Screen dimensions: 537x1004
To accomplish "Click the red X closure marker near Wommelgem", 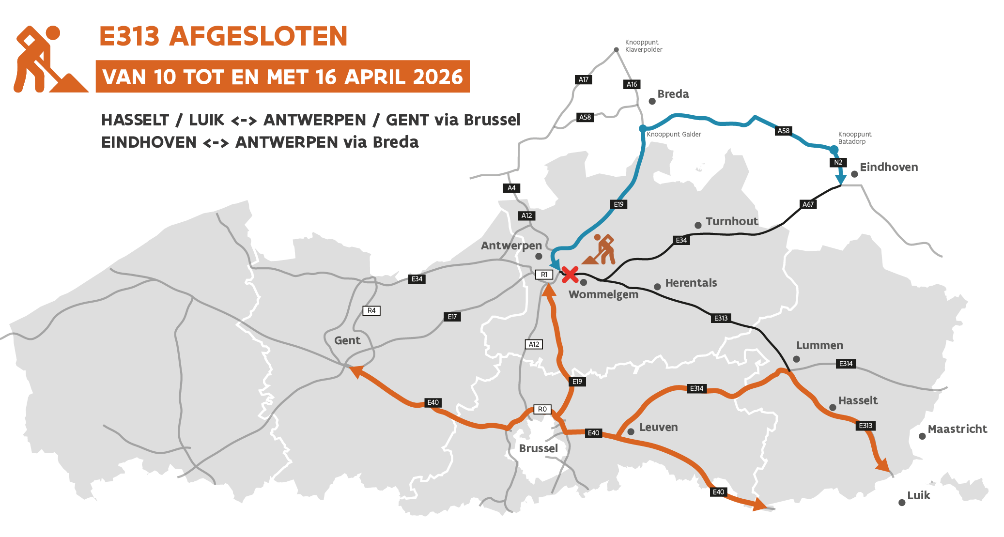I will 570,275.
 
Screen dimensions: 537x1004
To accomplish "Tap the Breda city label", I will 673,94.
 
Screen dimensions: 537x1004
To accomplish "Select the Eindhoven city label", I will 888,167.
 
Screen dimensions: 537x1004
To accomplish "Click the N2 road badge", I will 838,162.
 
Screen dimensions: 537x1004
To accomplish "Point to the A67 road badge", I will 808,204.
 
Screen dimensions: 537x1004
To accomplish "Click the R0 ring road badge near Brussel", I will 542,409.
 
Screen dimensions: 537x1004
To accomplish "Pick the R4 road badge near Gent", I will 371,310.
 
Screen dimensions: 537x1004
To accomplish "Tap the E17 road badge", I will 452,317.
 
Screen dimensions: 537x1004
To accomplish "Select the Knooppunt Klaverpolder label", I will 643,46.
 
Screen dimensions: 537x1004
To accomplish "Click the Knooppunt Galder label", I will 674,134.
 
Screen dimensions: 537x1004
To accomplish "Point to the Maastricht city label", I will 957,429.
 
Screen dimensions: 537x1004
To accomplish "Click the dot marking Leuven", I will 631,431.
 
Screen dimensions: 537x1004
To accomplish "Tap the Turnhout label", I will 731,221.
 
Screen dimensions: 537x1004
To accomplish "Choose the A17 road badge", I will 584,79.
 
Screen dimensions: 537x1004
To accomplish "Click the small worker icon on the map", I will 600,250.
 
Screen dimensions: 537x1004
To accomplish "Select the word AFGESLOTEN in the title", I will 258,36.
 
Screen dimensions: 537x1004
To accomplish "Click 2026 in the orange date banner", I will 438,77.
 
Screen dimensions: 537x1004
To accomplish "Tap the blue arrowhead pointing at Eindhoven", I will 841,180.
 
